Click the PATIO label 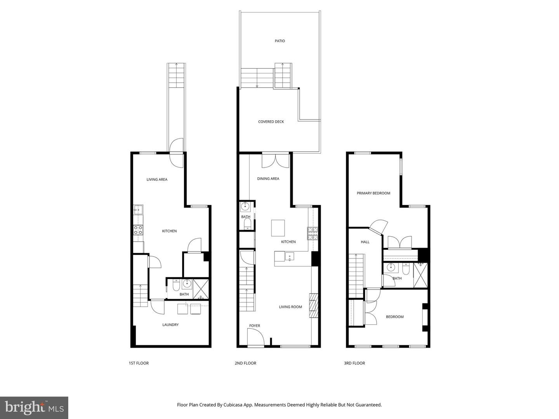point(279,41)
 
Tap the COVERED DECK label point(271,122)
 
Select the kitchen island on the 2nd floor point(278,228)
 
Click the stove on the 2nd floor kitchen point(313,233)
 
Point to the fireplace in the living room point(313,306)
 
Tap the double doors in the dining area point(275,161)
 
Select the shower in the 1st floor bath point(201,288)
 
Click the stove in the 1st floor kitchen point(138,230)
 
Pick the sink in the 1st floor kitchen point(138,210)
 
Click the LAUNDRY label point(170,325)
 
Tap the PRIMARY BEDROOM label point(373,193)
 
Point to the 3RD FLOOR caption point(354,364)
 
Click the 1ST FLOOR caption point(139,364)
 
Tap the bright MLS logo point(34,407)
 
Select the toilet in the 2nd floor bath point(247,224)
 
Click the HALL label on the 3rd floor point(365,242)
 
